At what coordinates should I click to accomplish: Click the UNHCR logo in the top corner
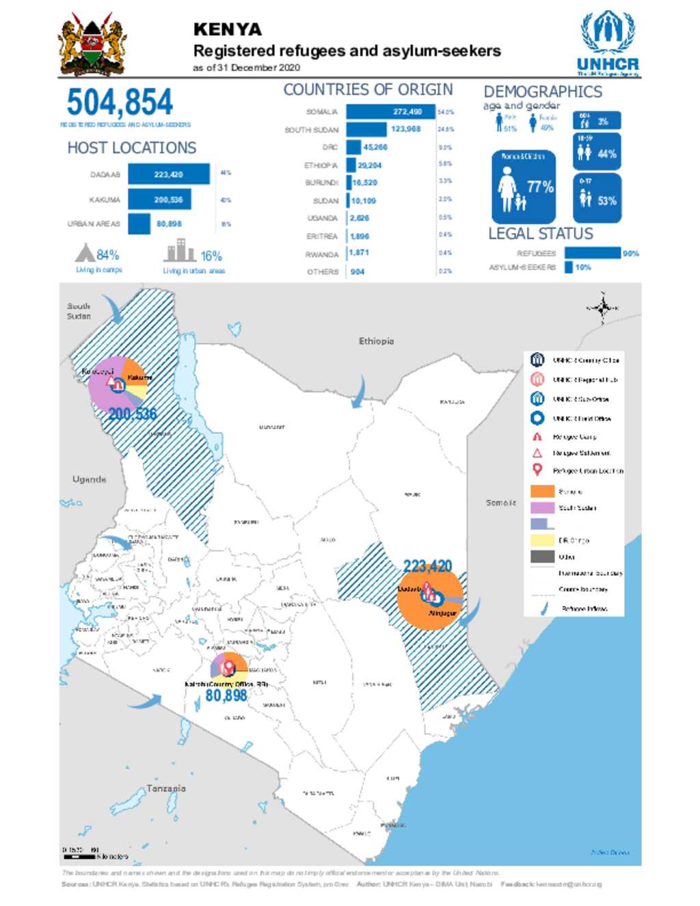pos(608,43)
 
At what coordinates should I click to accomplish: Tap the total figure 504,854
pos(120,103)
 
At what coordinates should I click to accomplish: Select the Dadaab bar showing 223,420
pos(168,174)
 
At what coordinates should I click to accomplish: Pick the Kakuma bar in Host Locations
pos(159,200)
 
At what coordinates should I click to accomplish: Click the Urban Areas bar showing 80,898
pos(139,224)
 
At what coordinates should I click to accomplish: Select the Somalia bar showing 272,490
pos(390,111)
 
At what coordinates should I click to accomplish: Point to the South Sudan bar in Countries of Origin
pos(366,129)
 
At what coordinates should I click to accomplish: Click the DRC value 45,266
pos(375,147)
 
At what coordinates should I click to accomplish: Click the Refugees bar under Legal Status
pos(592,253)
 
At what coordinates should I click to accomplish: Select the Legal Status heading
pos(540,234)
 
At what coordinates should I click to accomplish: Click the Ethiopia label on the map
pos(376,341)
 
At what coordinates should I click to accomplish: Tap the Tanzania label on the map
pos(165,788)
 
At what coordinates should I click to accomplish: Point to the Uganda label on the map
pos(90,479)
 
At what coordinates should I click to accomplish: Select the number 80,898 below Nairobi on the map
pos(226,695)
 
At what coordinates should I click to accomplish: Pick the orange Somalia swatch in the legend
pos(542,491)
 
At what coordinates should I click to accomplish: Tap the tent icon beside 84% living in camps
pos(85,254)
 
